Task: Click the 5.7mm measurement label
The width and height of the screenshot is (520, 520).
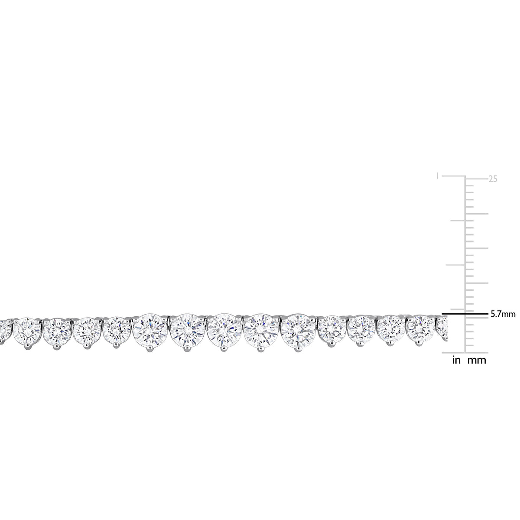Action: (503, 314)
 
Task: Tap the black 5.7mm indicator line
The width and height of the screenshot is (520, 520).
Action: (465, 314)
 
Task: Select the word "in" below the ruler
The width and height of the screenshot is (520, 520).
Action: (456, 360)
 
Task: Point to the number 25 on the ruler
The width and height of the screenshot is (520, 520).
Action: (493, 179)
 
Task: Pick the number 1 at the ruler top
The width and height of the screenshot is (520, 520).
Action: (437, 176)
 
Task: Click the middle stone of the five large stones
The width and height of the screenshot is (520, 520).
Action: (224, 331)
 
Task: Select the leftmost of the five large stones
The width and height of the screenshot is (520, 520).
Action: (150, 331)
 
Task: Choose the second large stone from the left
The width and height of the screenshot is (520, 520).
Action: (188, 331)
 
